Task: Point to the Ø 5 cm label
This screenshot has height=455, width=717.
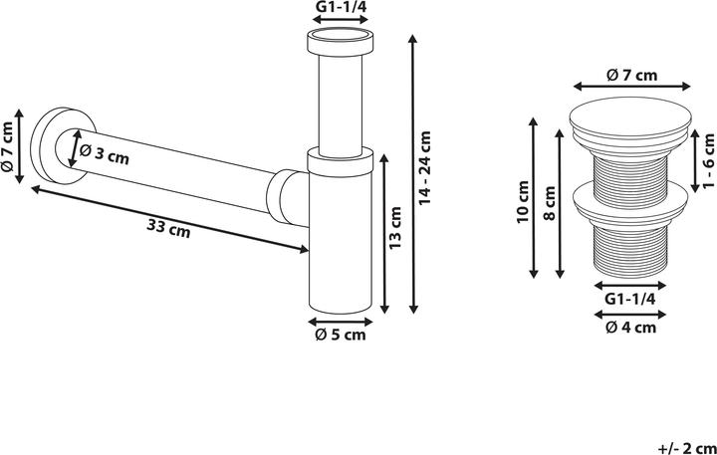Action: pyautogui.click(x=341, y=336)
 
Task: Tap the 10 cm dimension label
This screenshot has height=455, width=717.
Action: pyautogui.click(x=522, y=202)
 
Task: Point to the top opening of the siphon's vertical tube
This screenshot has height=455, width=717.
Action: pyautogui.click(x=340, y=42)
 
